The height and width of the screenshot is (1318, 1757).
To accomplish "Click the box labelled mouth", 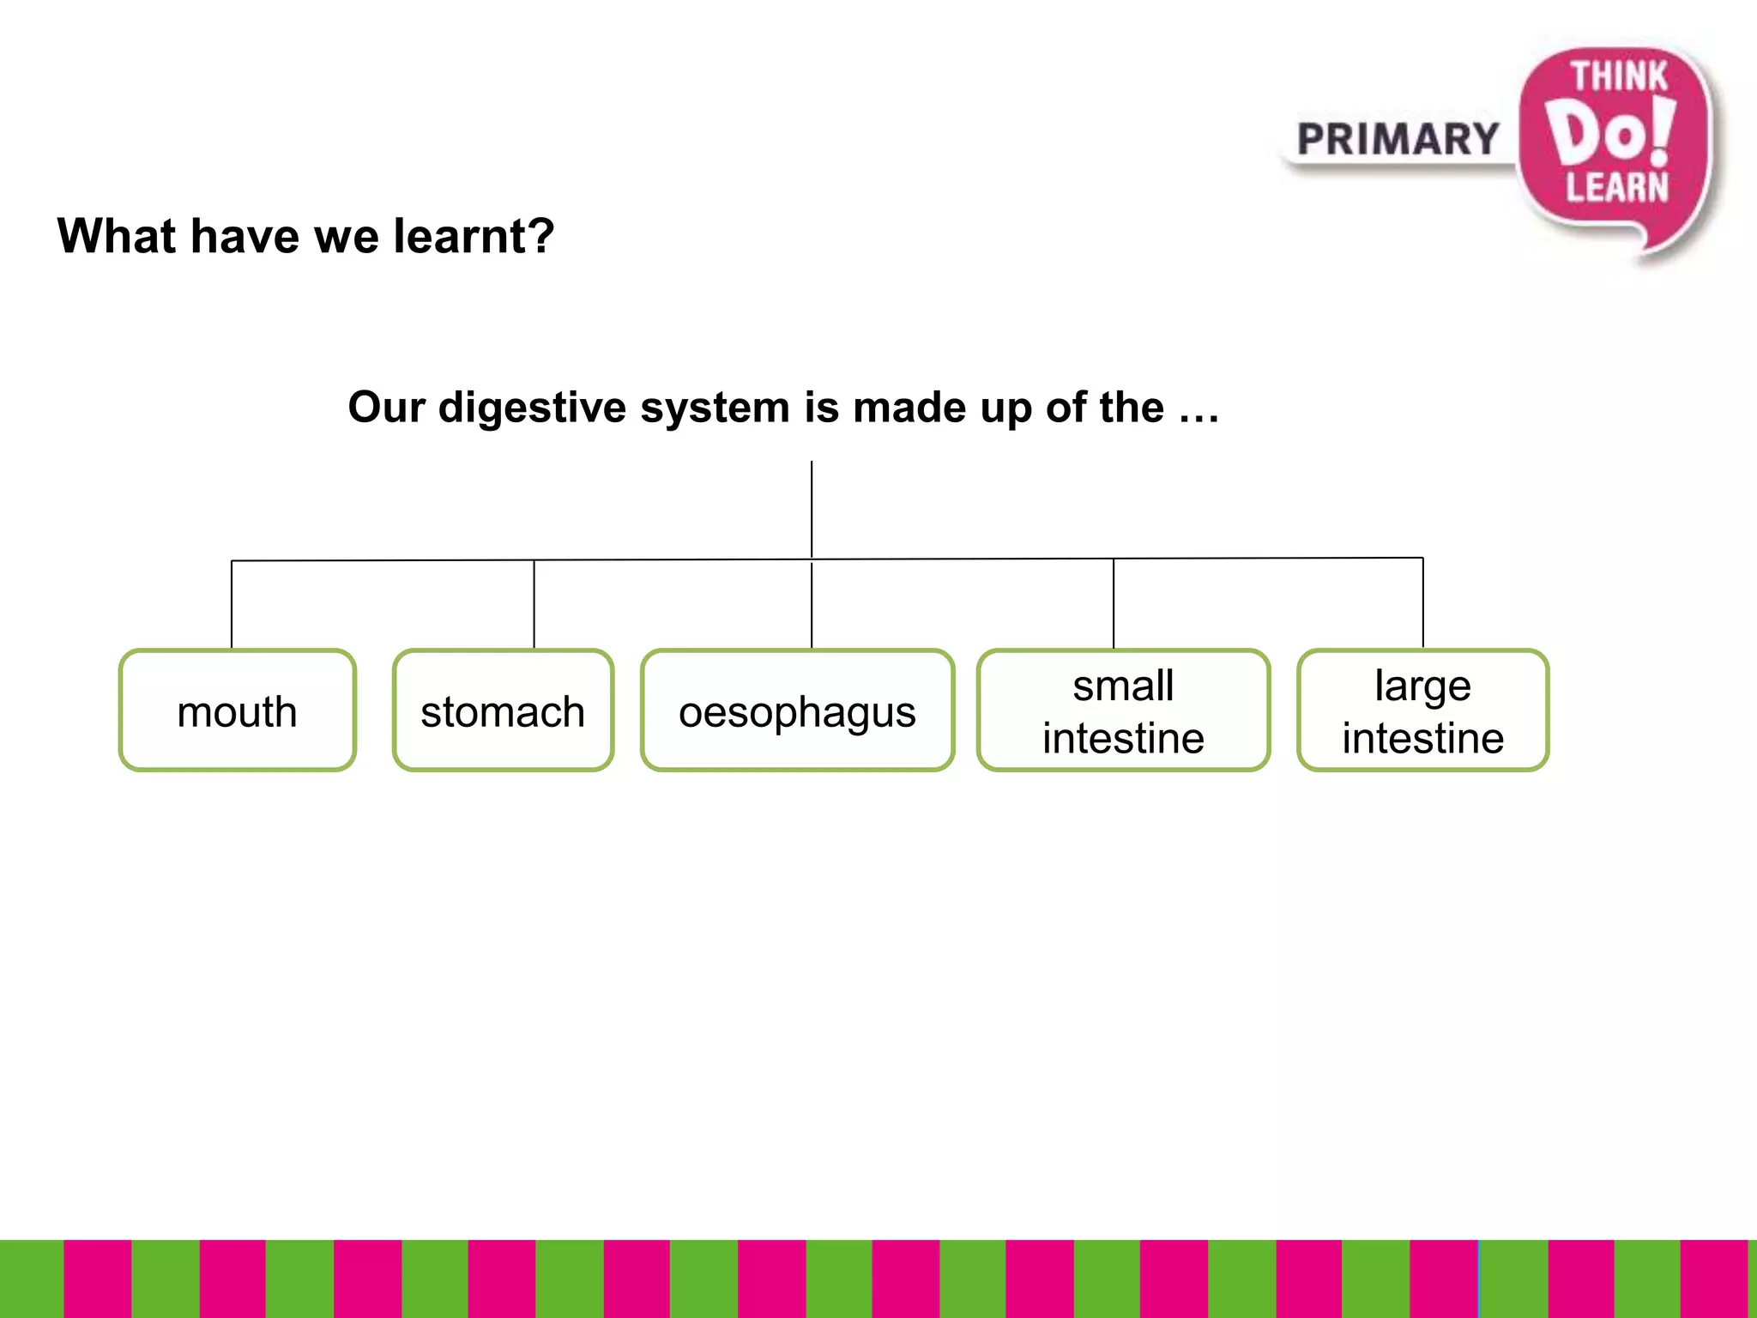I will [237, 710].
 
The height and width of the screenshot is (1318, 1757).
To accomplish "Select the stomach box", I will [503, 710].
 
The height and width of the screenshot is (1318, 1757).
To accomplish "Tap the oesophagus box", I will [797, 710].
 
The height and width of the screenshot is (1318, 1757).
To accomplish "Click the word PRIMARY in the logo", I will [1398, 140].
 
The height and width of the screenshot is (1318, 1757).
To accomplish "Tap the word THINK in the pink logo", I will [1618, 76].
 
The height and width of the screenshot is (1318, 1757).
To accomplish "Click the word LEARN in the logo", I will [1616, 187].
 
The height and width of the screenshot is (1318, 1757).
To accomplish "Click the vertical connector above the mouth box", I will [232, 604].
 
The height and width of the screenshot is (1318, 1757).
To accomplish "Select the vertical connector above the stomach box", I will [534, 604].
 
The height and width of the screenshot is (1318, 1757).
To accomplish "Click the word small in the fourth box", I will [1123, 686].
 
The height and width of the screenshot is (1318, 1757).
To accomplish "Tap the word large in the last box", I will [1422, 686].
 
